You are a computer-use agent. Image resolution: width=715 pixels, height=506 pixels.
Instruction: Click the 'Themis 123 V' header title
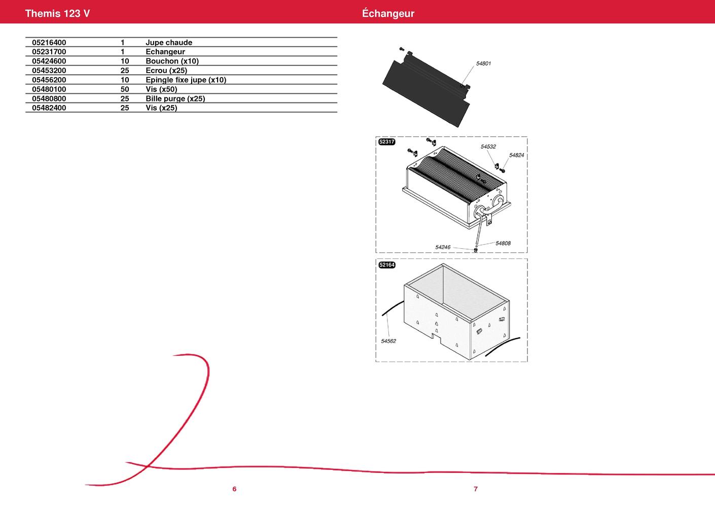tap(57, 13)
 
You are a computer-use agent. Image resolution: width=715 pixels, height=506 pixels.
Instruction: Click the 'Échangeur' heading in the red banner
tap(388, 13)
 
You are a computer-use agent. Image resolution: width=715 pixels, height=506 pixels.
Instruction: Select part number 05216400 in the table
tap(49, 43)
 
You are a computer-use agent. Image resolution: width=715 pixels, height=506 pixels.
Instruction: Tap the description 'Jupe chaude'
tap(169, 43)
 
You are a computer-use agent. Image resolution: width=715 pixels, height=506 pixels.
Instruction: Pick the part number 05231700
tap(49, 52)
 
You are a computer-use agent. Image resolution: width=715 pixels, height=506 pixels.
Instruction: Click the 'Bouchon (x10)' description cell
tap(172, 61)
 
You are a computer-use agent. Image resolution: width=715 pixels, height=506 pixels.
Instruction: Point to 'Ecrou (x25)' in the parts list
tap(166, 70)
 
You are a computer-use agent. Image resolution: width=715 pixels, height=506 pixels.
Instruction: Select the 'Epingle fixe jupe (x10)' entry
tap(186, 80)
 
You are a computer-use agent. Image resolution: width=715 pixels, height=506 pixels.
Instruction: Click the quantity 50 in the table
tap(124, 89)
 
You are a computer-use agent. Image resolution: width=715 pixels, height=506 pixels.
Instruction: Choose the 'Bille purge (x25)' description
tap(175, 98)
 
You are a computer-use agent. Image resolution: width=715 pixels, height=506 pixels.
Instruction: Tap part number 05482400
tap(49, 108)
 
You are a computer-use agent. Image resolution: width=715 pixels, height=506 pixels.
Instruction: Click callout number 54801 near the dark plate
tap(483, 63)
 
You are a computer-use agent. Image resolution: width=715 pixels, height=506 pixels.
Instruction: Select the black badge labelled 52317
tap(386, 142)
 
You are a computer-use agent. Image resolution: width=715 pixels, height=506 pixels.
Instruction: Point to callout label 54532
tap(488, 147)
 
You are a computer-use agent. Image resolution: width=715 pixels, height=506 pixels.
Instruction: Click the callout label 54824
tap(516, 155)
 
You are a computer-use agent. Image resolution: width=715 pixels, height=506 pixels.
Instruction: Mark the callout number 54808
tap(503, 244)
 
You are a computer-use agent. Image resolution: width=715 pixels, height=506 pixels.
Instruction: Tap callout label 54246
tap(443, 247)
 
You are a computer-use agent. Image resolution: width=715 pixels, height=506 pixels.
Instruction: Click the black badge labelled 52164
tap(386, 265)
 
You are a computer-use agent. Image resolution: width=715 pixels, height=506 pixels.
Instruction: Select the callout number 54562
tap(388, 341)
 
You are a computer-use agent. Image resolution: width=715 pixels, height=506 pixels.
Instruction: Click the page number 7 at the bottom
tap(476, 489)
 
